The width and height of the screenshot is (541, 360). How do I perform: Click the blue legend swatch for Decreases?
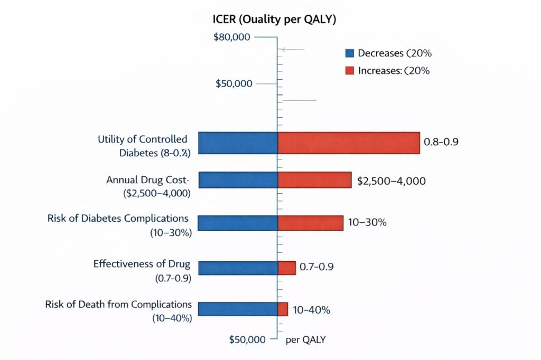(x=349, y=53)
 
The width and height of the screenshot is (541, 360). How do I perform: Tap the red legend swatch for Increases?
(x=349, y=70)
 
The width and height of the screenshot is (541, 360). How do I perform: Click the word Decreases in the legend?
(x=380, y=53)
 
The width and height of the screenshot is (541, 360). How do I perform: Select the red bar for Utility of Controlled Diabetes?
(x=348, y=143)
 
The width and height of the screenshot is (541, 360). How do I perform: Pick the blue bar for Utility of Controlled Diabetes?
(x=238, y=143)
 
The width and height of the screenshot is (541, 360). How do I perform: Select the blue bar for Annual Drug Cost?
(x=238, y=180)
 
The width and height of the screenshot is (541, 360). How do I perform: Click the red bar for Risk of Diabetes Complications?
(x=310, y=223)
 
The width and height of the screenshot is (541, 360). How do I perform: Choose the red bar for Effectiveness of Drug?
(x=286, y=268)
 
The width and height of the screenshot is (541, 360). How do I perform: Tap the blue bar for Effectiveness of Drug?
(x=238, y=268)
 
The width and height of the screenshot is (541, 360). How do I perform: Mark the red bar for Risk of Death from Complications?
(x=283, y=309)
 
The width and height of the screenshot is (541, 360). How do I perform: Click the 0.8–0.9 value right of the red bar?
(x=442, y=143)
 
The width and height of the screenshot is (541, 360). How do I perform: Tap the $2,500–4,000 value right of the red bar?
(x=391, y=181)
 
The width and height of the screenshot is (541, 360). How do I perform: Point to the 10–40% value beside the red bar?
(x=312, y=310)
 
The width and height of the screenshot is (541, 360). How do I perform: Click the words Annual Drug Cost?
(x=151, y=179)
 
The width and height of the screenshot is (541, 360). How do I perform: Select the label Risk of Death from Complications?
(x=118, y=305)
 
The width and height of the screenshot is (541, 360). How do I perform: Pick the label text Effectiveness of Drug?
(x=142, y=263)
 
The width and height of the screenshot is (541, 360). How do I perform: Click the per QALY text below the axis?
(x=305, y=340)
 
